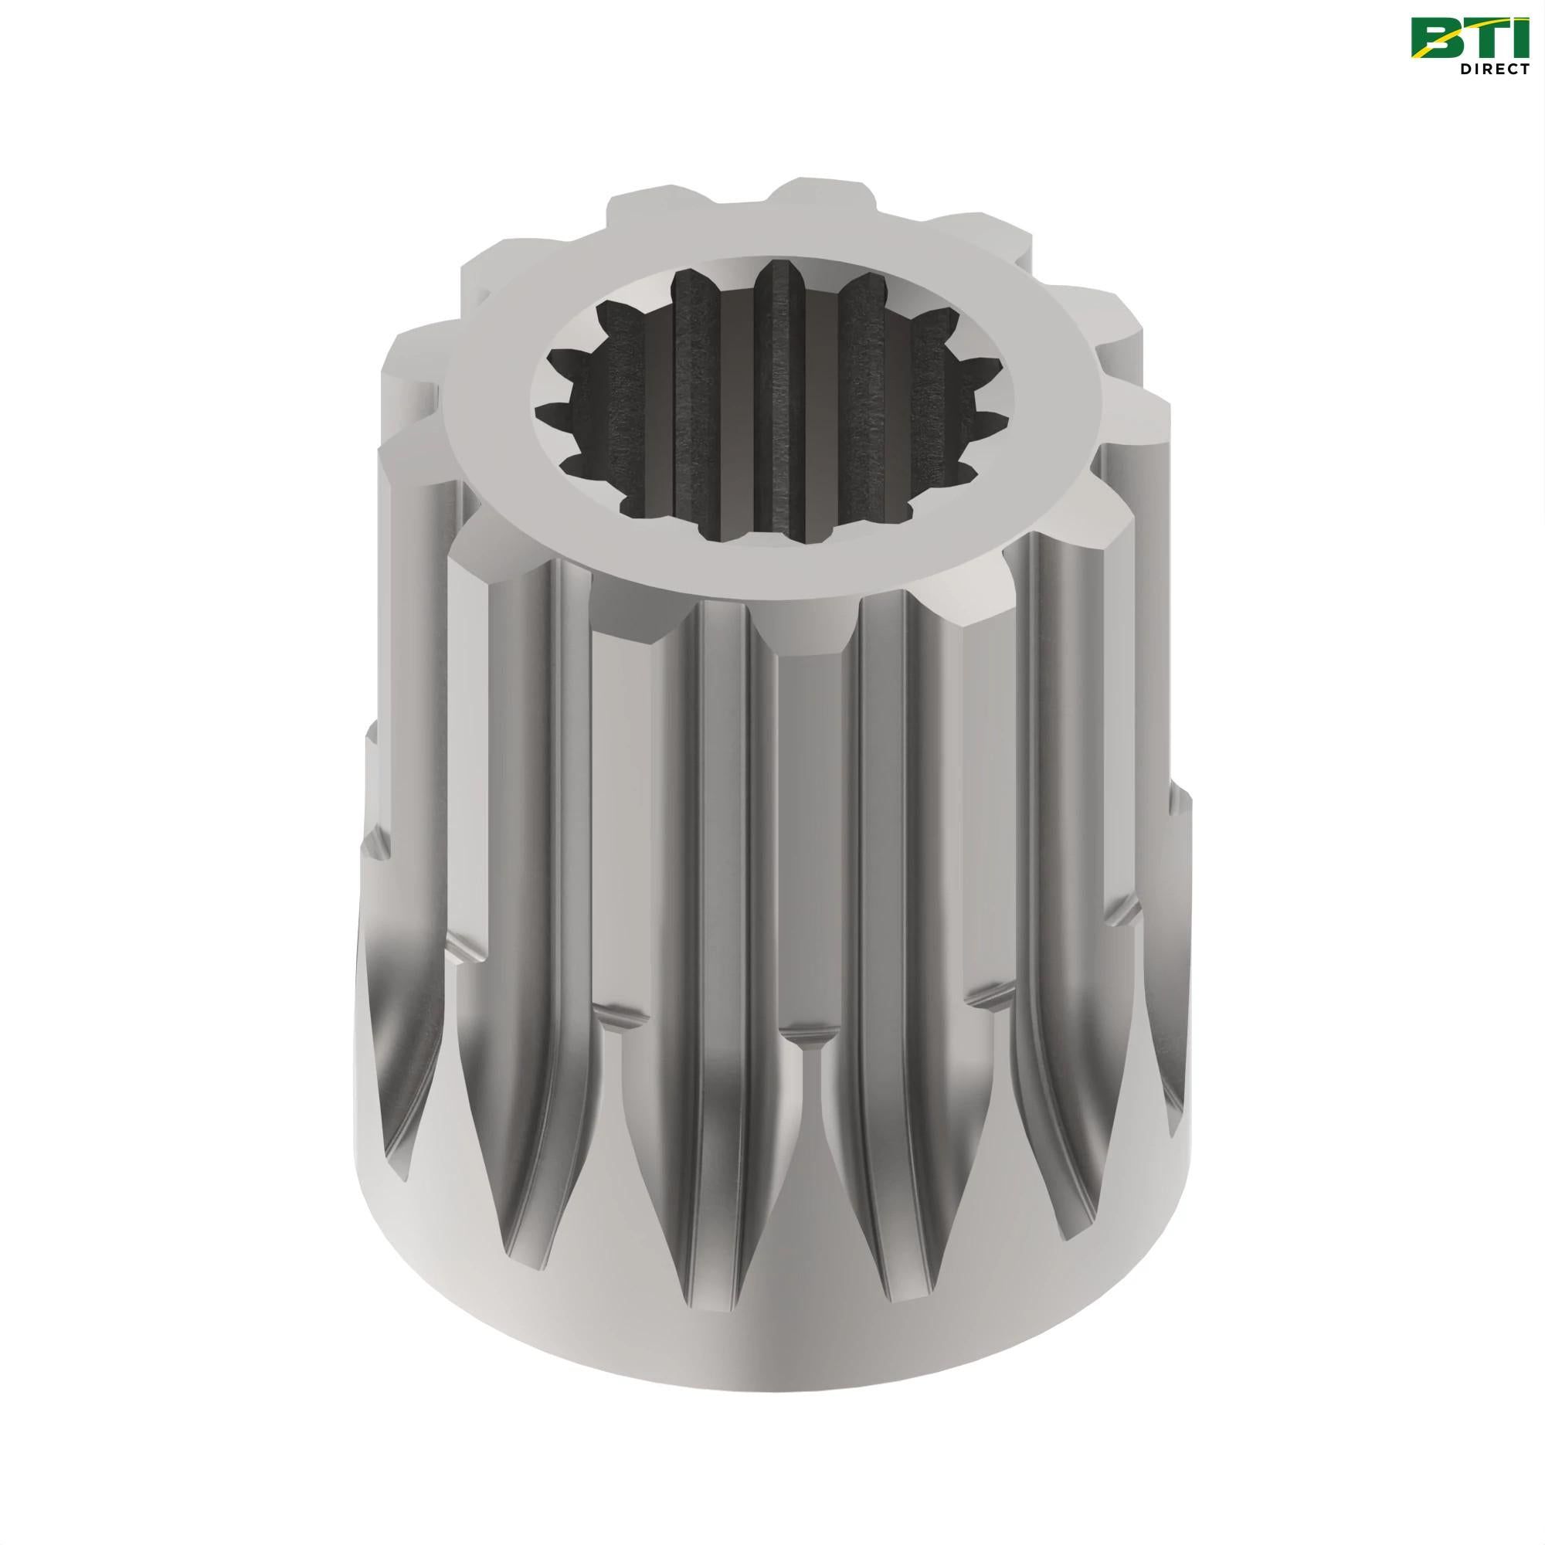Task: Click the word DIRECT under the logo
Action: click(x=1494, y=70)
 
